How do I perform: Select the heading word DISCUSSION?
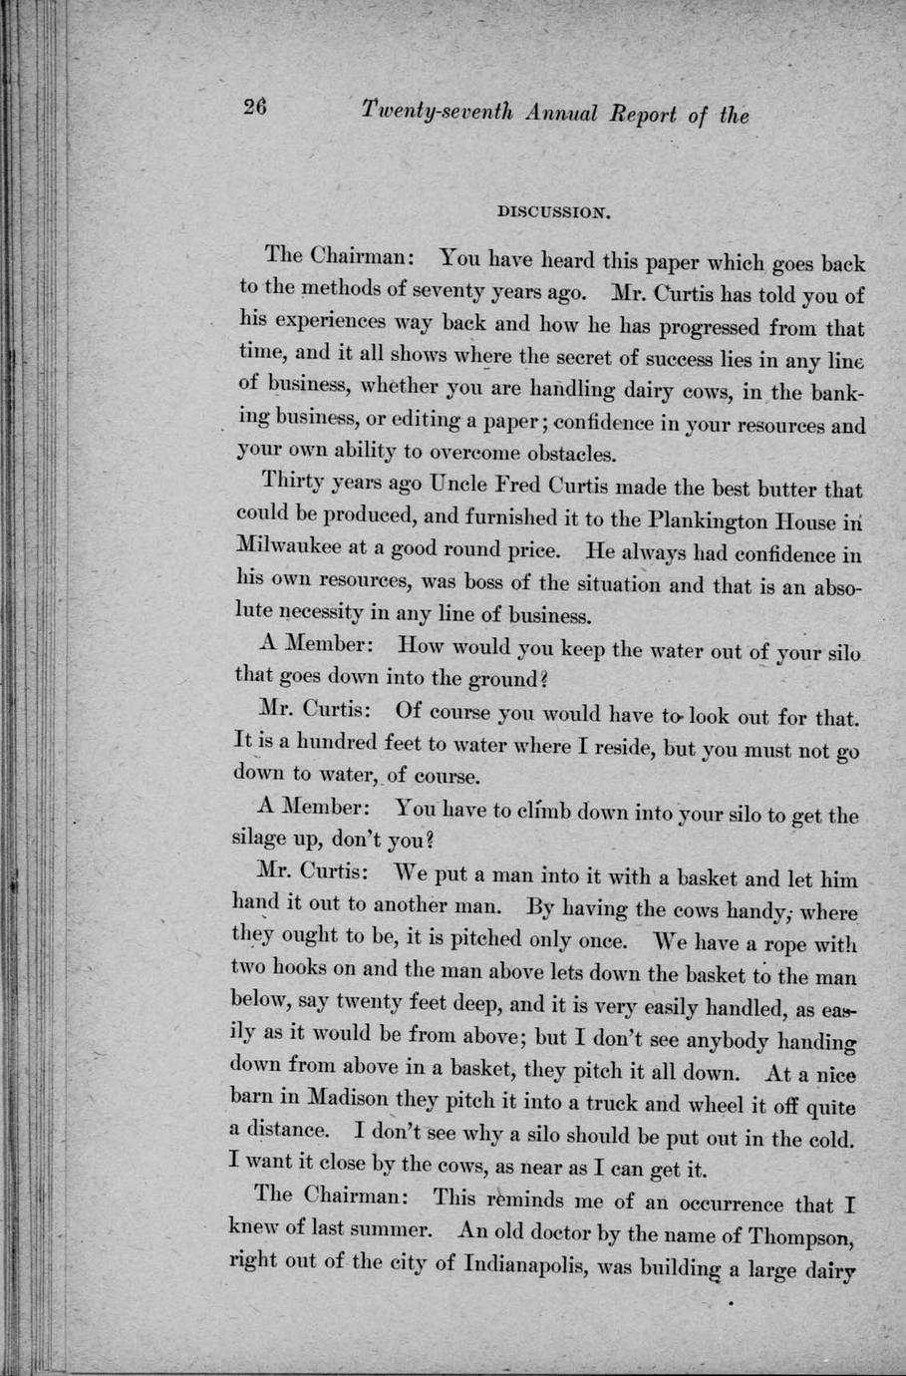pyautogui.click(x=552, y=211)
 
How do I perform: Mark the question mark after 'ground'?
pyautogui.click(x=543, y=679)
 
